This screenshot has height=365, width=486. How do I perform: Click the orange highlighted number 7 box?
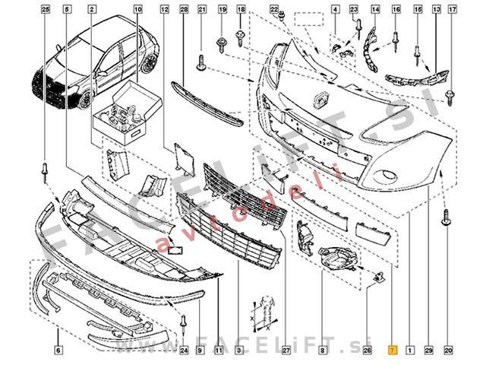[x=392, y=351]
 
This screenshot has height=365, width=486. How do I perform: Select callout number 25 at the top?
[x=45, y=9]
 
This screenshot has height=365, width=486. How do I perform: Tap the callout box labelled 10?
[x=137, y=9]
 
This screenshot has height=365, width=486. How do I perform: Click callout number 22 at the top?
[x=274, y=9]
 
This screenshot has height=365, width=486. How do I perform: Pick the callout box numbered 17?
[x=453, y=9]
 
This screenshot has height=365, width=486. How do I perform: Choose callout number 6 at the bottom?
[x=58, y=351]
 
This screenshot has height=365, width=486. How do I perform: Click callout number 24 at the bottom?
[x=184, y=351]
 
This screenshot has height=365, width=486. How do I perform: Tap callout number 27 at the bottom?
[x=286, y=351]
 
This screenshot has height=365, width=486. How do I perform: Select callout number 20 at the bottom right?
[x=448, y=351]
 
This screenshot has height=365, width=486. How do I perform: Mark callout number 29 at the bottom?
[x=428, y=351]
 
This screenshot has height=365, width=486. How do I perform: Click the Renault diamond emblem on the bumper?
[x=320, y=99]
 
